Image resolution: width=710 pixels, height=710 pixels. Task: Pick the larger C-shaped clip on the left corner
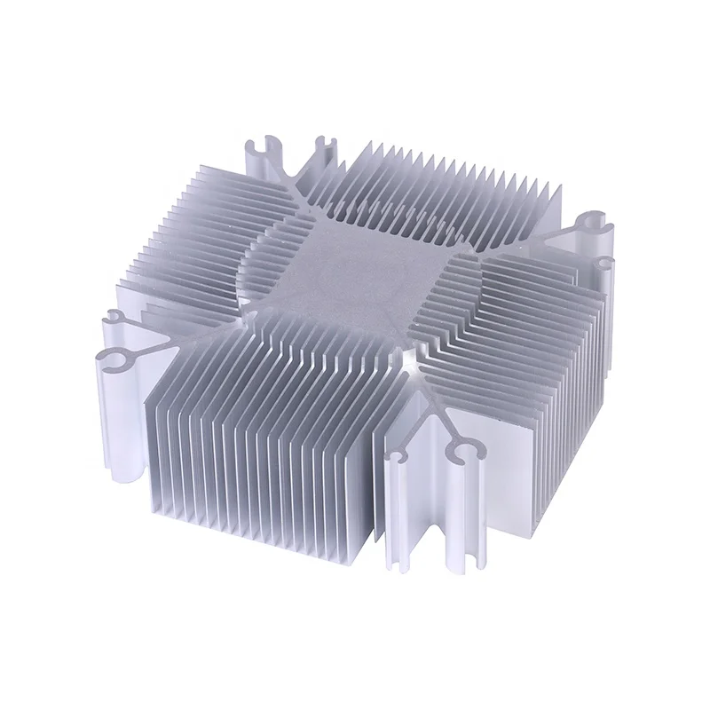pos(114,362)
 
